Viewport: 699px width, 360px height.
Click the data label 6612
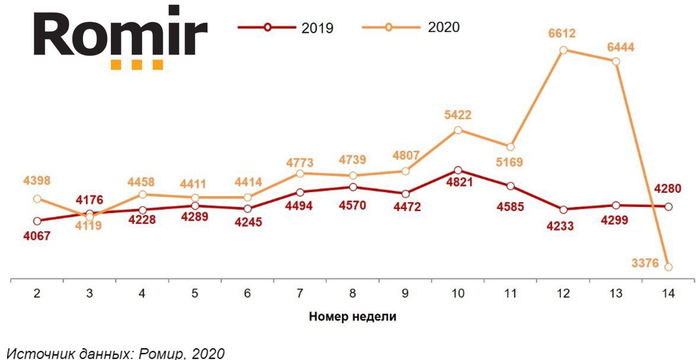point(563,34)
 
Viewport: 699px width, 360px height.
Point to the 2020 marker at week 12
point(563,50)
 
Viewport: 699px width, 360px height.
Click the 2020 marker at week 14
point(669,267)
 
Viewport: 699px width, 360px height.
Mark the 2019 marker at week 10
point(458,170)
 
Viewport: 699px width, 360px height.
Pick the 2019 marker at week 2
point(37,221)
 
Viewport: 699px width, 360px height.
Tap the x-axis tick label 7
point(300,293)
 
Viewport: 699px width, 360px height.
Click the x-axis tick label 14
point(668,293)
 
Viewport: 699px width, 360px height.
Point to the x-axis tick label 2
point(37,293)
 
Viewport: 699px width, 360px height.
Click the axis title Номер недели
point(352,317)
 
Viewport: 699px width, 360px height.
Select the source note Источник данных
point(115,353)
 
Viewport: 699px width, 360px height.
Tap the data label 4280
point(668,189)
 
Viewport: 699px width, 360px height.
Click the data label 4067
point(37,235)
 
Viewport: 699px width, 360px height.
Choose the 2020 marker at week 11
point(510,146)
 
